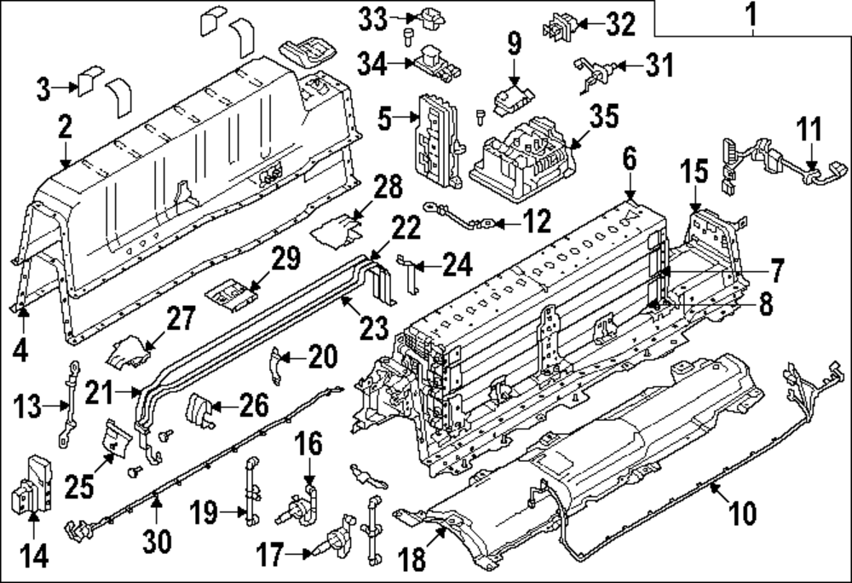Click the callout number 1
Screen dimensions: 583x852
coord(751,14)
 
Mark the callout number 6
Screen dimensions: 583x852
coord(629,159)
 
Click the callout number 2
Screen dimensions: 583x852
coord(63,128)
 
